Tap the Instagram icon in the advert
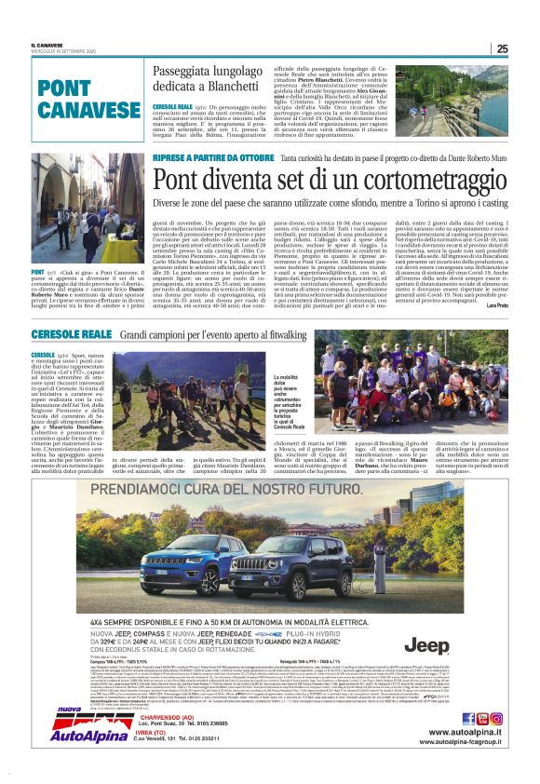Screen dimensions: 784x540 point(496,718)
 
